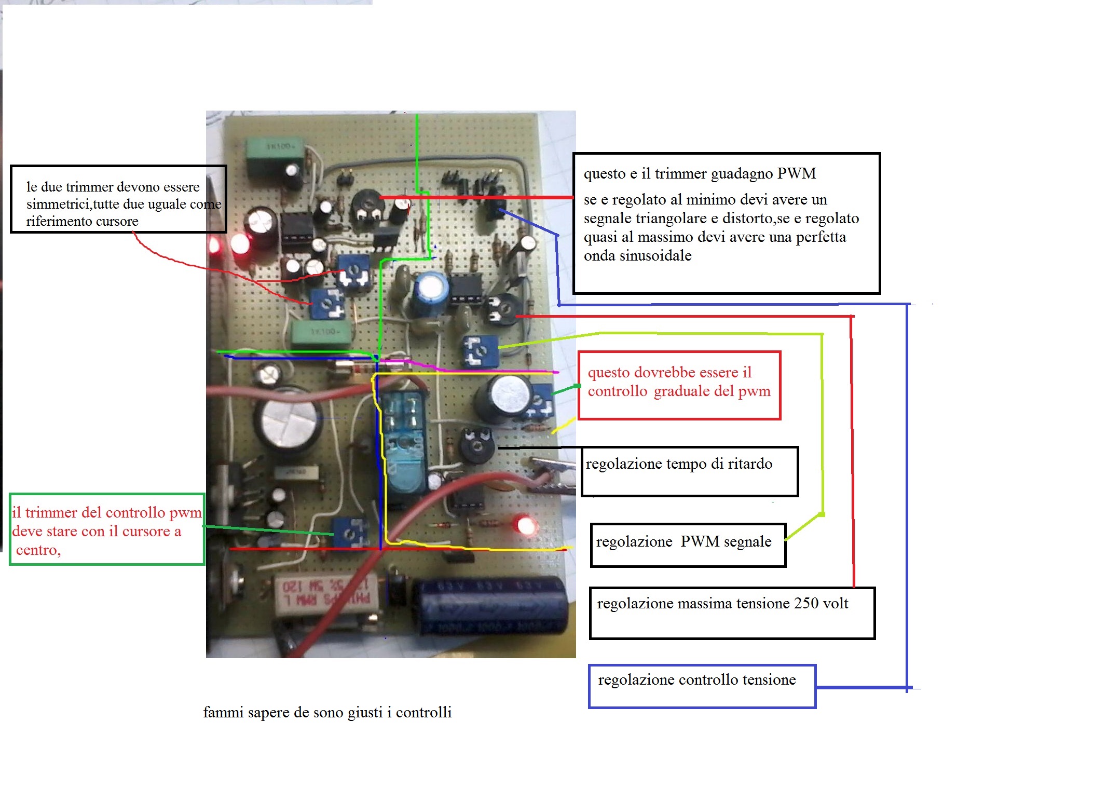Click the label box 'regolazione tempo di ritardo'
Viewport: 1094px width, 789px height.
coord(689,471)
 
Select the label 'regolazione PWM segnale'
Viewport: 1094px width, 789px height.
coord(688,545)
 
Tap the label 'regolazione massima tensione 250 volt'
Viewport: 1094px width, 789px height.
coord(732,612)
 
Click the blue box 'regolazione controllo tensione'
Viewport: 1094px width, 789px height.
coord(701,686)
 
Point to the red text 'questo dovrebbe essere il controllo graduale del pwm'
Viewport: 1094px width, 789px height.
coord(679,385)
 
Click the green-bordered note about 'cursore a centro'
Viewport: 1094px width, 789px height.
coord(106,528)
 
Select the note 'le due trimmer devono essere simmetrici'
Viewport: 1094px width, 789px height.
coord(118,199)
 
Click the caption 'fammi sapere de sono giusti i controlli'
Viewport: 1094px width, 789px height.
coord(327,712)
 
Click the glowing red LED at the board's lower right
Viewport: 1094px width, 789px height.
coord(525,526)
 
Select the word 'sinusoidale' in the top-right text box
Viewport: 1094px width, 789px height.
coord(637,256)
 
